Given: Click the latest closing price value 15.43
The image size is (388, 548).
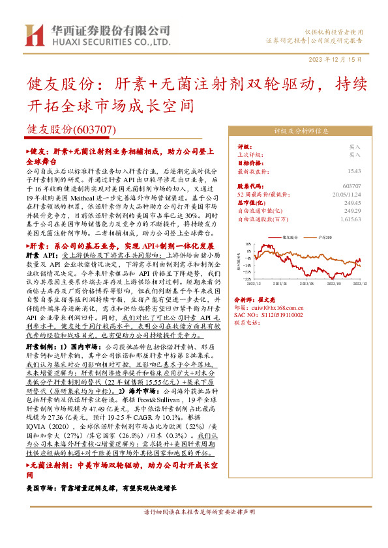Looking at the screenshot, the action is click(x=353, y=171).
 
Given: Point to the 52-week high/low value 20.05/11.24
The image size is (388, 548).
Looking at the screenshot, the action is click(x=346, y=194).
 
